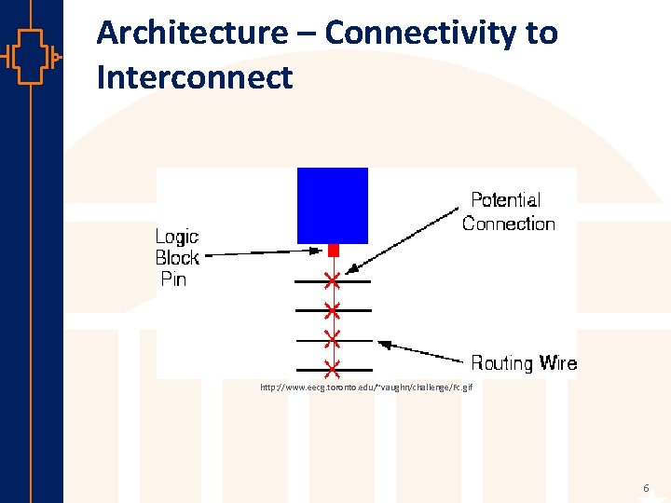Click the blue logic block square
332,205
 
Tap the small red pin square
332,251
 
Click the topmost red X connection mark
332,280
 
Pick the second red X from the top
332,309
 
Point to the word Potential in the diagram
505,200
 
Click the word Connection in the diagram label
508,224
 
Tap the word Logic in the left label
176,237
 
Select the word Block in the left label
177,258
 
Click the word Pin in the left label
173,279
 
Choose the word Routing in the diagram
501,363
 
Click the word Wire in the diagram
556,363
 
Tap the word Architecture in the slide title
192,34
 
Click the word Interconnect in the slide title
195,77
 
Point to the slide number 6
646,489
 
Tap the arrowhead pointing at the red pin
322,250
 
